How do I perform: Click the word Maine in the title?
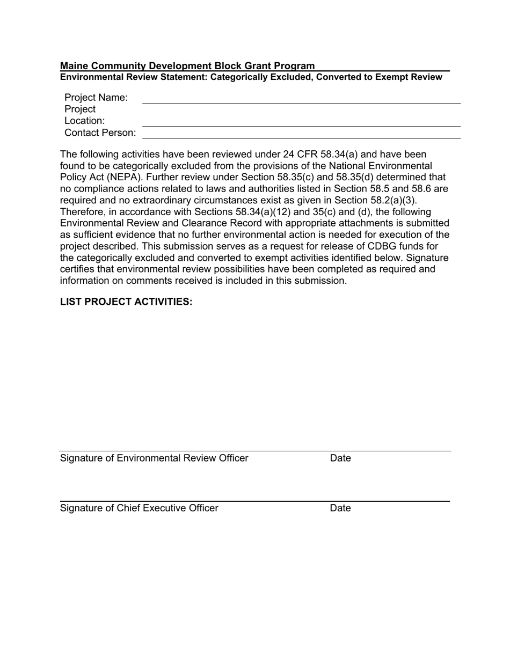tap(73, 65)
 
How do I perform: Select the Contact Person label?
tap(100, 133)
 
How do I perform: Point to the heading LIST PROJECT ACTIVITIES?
tap(126, 302)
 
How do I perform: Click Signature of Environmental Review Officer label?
tap(154, 458)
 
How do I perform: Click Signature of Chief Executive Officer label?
tap(139, 508)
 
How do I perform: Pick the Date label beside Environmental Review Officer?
tap(340, 458)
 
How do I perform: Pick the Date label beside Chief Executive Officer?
tap(340, 508)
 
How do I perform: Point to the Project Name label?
tap(96, 97)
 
